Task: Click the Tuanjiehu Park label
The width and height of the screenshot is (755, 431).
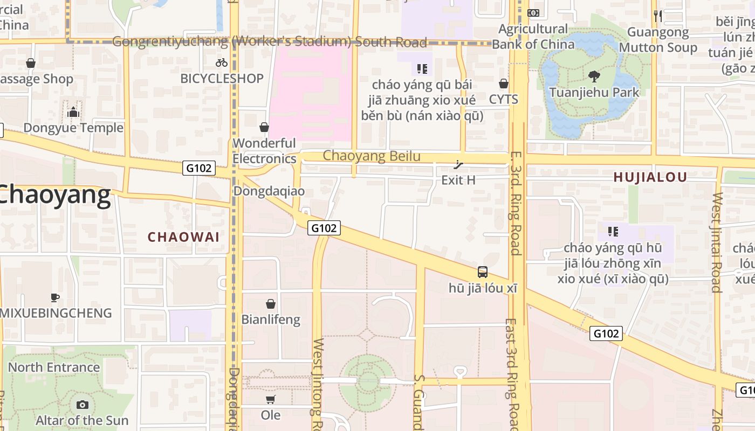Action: pos(594,92)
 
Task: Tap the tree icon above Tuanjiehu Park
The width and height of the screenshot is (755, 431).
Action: pos(594,77)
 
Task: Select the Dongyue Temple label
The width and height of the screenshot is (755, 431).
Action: pos(73,128)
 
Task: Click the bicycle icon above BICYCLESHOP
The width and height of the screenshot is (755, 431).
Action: pos(222,62)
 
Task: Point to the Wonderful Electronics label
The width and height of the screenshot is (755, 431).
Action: pos(264,151)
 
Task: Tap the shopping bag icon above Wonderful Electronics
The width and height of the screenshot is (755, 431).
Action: pos(264,127)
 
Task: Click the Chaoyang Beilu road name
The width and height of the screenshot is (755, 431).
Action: pos(372,156)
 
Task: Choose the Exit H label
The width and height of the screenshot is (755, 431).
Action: pos(458,180)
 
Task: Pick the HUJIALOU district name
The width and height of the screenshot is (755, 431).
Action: pos(650,177)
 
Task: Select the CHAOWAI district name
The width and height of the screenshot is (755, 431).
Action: pos(183,237)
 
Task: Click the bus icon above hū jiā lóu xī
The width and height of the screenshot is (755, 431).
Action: pos(483,272)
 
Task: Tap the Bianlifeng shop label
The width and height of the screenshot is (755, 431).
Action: pos(271,319)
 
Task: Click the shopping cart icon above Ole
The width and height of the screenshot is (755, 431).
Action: pos(271,399)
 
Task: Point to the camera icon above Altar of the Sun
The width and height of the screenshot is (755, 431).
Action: pos(83,405)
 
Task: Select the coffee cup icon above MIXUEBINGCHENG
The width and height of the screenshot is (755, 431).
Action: pos(54,297)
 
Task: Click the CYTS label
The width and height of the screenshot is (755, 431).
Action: pos(504,99)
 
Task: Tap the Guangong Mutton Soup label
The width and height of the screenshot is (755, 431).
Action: pos(658,40)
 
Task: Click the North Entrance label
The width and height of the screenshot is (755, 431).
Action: pos(54,367)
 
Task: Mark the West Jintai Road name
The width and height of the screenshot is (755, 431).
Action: pos(717,242)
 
